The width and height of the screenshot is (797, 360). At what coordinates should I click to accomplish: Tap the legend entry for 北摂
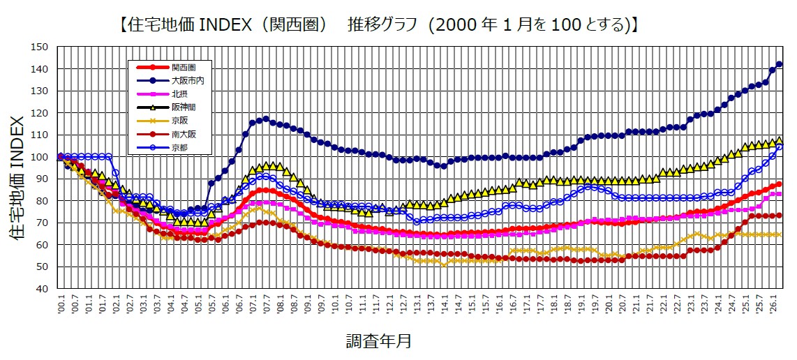pos(179,93)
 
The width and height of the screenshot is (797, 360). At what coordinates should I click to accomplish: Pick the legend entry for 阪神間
pos(181,107)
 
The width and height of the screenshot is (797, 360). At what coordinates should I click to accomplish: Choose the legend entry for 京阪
pos(179,120)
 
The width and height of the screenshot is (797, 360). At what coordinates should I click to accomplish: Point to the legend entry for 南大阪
pos(181,133)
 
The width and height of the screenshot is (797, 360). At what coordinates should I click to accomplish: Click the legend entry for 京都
pos(179,147)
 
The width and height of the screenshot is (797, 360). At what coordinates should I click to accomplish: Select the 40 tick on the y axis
pos(43,288)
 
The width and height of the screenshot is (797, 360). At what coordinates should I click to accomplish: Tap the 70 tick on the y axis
pos(43,223)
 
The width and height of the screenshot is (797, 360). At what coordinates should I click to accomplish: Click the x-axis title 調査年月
pos(378,342)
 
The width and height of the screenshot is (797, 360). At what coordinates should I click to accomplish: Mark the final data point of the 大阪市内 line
pos(780,64)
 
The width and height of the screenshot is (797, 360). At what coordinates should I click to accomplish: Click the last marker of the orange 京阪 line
pos(780,234)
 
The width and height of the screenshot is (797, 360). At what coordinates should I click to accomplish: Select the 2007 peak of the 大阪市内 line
pos(266,119)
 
